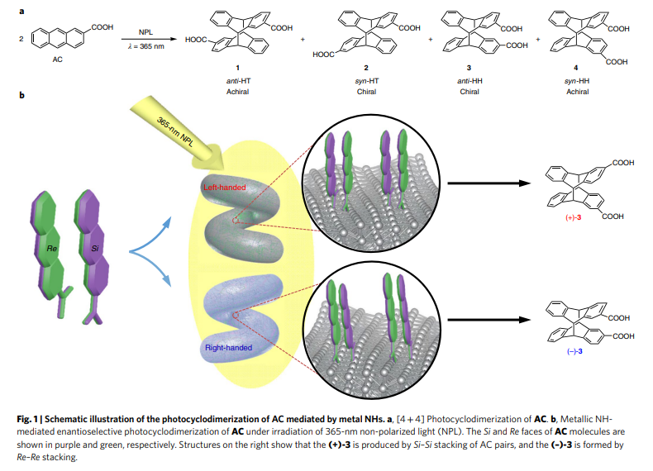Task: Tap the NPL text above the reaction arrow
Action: coord(145,29)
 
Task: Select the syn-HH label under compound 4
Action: coord(577,80)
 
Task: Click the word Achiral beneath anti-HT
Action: coord(237,91)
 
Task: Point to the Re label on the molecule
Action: coord(53,248)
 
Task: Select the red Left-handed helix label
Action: coord(225,188)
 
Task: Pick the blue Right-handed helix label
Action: coord(228,348)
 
